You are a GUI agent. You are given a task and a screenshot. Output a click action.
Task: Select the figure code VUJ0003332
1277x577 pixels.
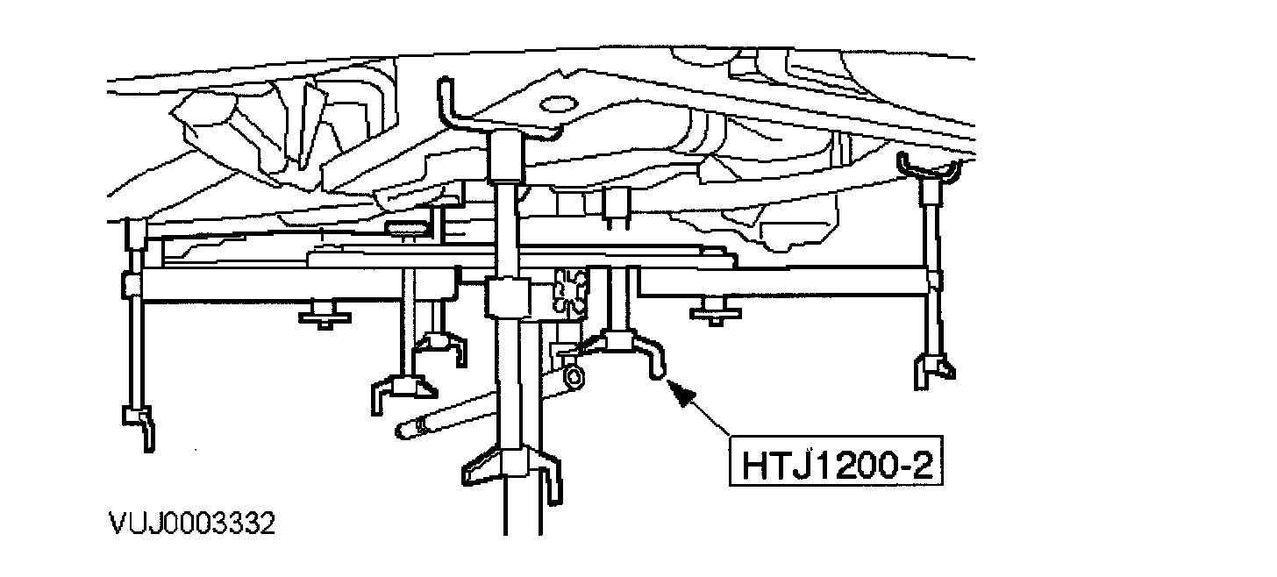click(191, 524)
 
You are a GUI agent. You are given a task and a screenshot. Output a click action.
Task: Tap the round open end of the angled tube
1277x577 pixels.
click(574, 378)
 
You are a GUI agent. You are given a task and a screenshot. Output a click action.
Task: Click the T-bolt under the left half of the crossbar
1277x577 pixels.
click(325, 315)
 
